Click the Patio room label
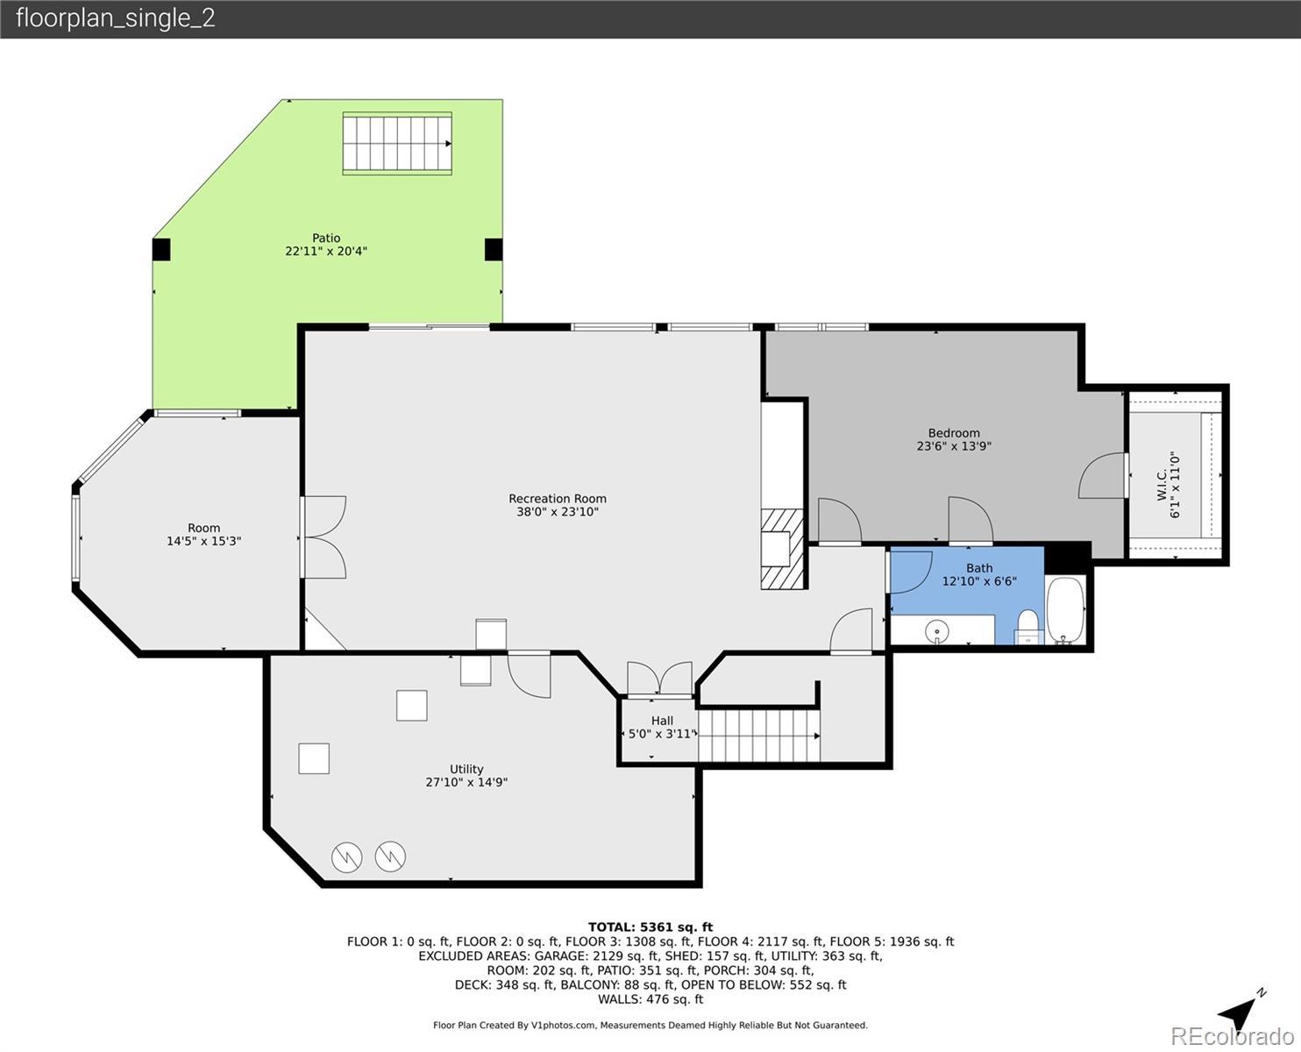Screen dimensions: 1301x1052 326,238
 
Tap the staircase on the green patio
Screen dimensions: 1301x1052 397,144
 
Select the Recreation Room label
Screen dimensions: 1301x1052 557,499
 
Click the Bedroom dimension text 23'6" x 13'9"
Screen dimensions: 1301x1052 954,446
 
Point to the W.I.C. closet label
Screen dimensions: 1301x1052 1162,486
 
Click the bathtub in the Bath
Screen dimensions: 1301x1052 1066,610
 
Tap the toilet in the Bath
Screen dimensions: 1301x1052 1028,627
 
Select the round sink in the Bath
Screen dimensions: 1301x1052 936,631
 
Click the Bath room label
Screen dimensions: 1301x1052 979,568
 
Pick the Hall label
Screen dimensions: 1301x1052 662,721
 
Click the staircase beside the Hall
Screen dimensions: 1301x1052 758,736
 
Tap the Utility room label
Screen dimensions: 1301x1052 466,770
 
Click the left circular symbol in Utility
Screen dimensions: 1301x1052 347,857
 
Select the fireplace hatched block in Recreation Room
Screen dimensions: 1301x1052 781,549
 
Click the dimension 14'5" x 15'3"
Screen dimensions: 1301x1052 204,541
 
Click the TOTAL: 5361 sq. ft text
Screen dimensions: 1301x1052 650,927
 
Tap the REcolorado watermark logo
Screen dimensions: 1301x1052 1232,1036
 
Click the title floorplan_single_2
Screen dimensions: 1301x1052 116,18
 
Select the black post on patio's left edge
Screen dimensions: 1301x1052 161,250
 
